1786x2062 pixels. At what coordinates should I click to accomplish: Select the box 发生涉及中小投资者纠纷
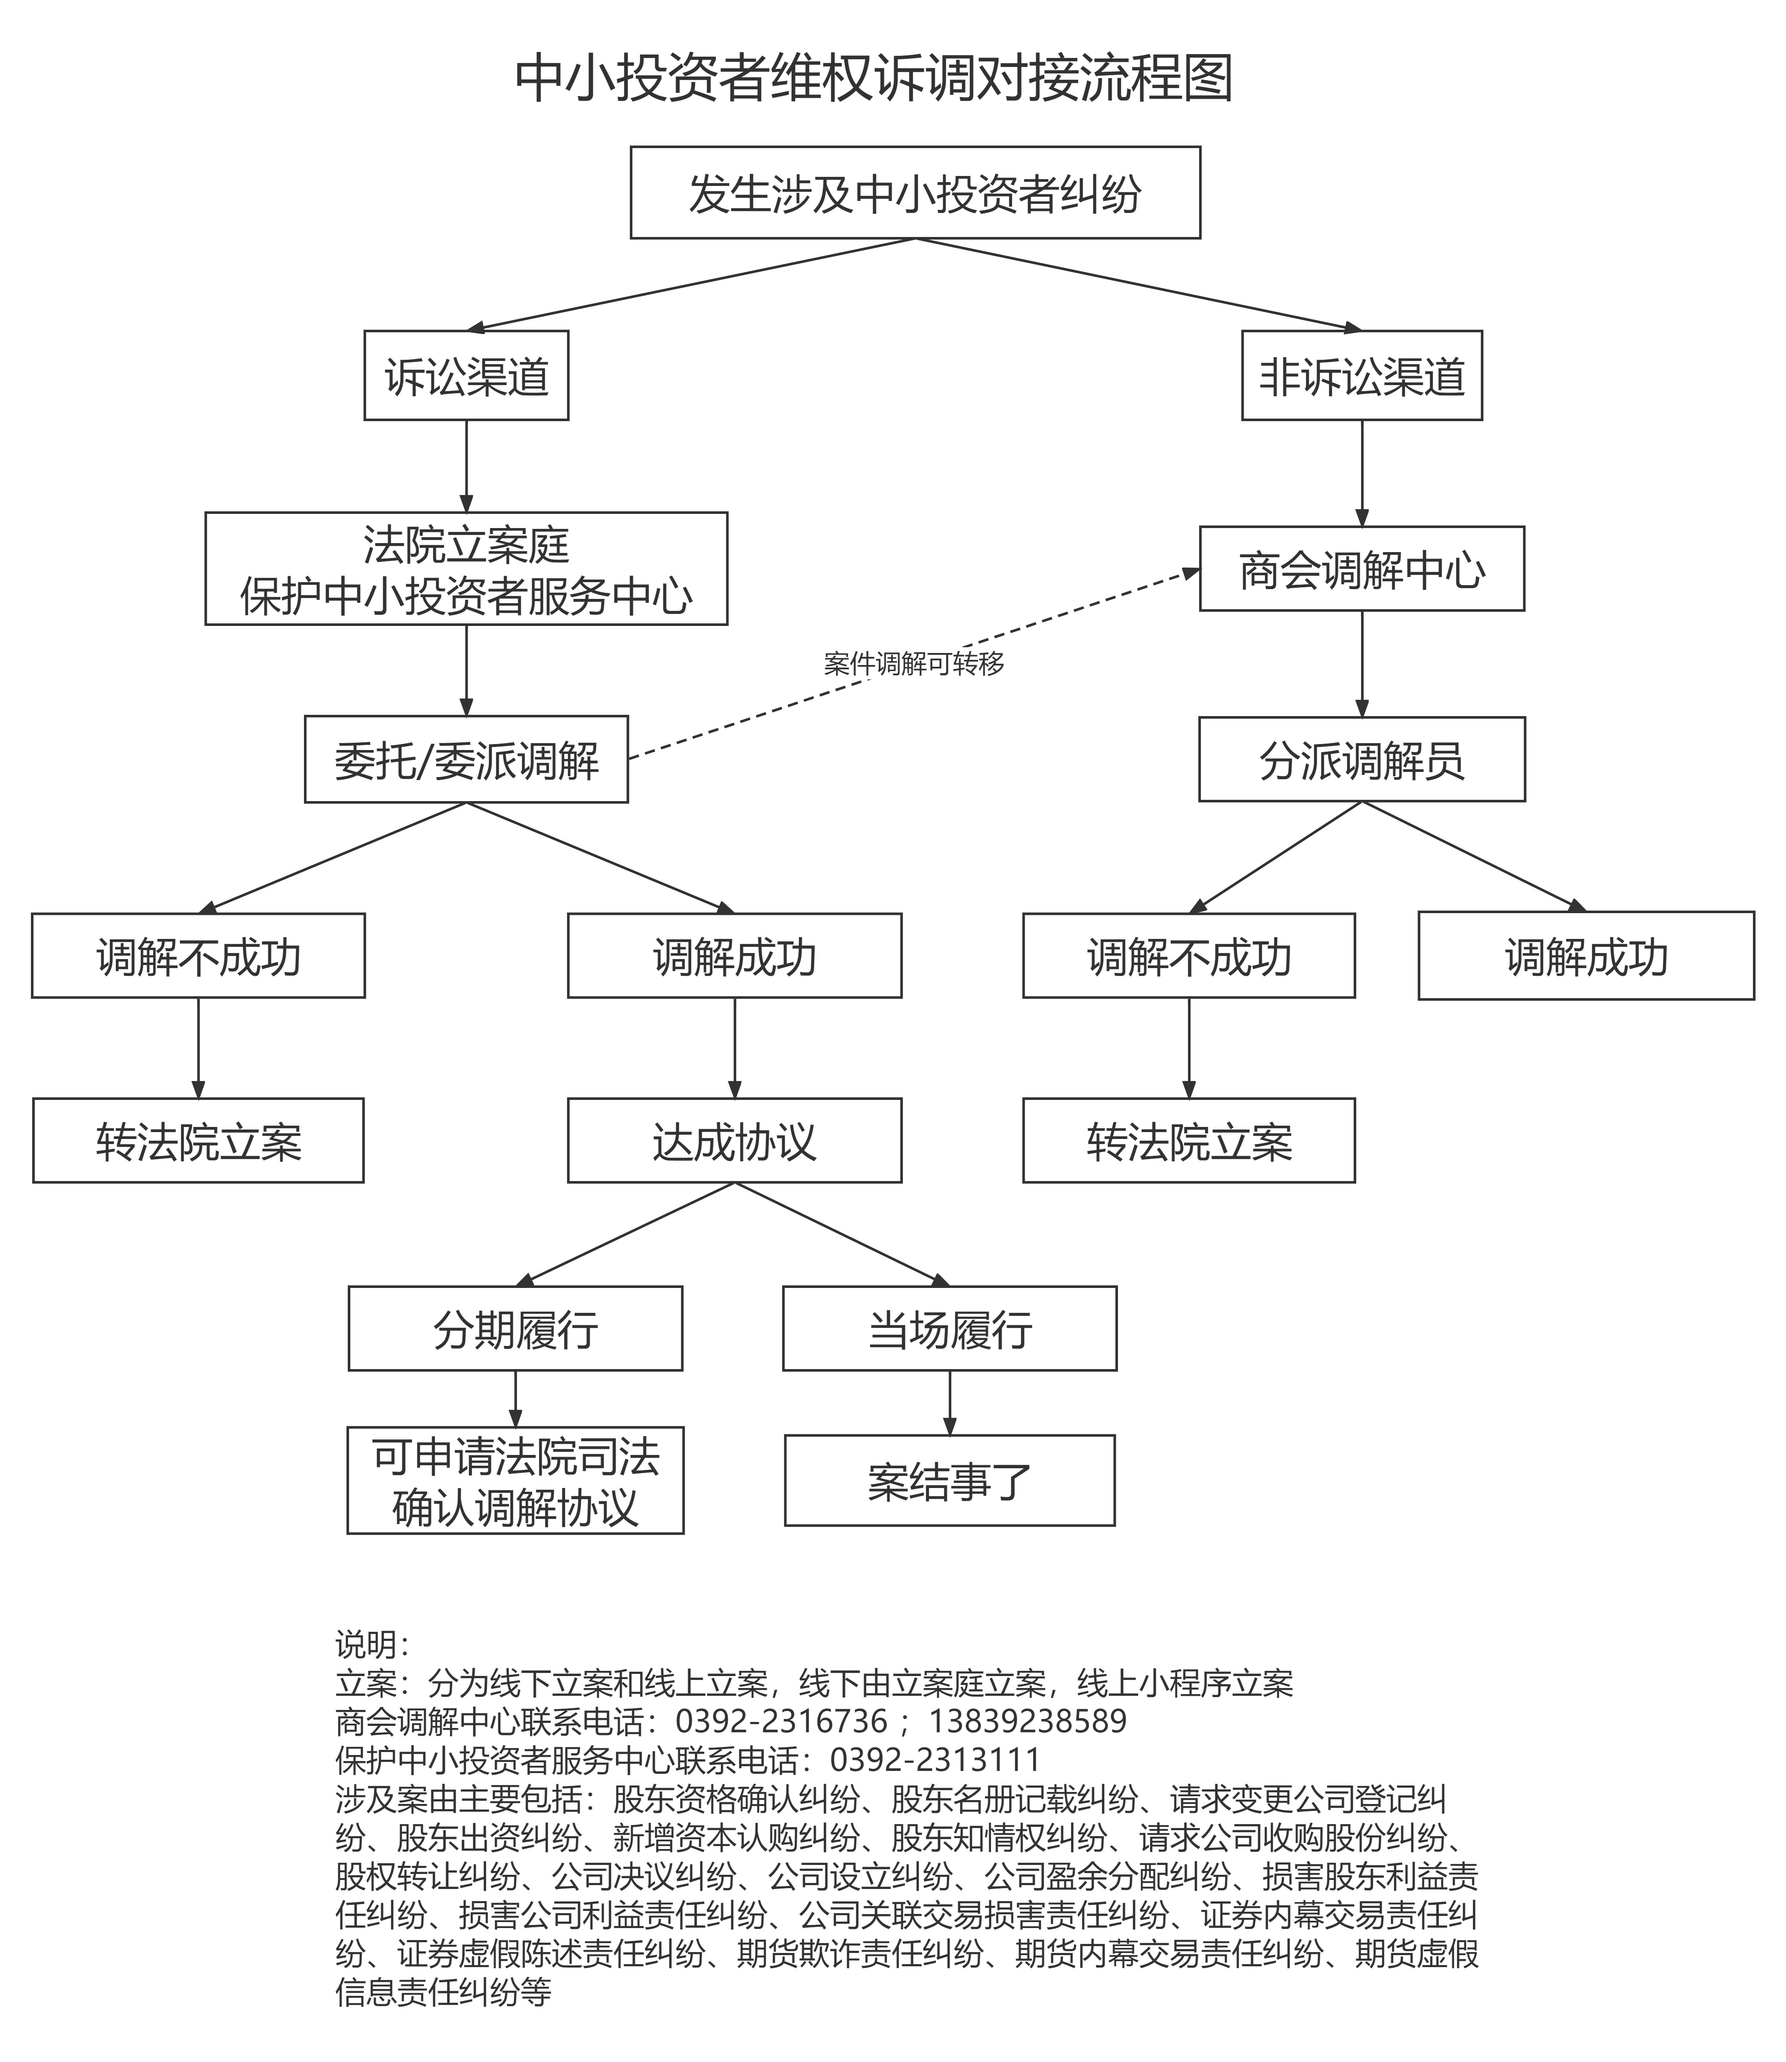[x=915, y=192]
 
